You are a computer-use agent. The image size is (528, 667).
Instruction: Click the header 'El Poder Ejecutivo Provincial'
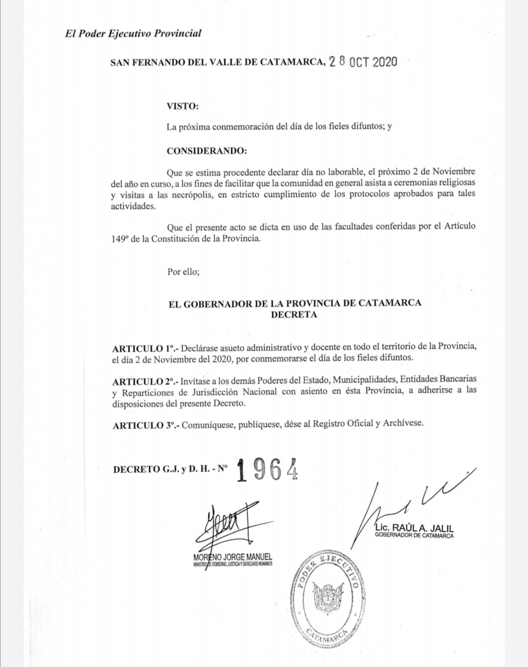[133, 34]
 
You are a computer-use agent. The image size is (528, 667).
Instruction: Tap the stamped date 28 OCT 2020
[363, 62]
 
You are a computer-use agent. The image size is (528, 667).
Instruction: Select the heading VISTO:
[182, 106]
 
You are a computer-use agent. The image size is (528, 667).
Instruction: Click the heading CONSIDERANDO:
[207, 151]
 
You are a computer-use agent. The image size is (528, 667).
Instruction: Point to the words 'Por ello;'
[183, 272]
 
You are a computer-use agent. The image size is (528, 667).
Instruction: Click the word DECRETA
[294, 315]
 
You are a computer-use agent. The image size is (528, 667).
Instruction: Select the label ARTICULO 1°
[145, 348]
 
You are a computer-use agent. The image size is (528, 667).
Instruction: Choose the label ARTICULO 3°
[146, 425]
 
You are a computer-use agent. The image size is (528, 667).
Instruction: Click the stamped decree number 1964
[267, 470]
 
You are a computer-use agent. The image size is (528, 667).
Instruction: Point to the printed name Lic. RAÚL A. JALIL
[415, 528]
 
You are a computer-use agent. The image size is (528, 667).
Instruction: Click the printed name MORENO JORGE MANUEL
[233, 557]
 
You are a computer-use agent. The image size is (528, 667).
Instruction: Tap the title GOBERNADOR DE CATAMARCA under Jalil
[414, 536]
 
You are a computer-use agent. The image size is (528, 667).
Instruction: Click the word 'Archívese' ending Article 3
[403, 423]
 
